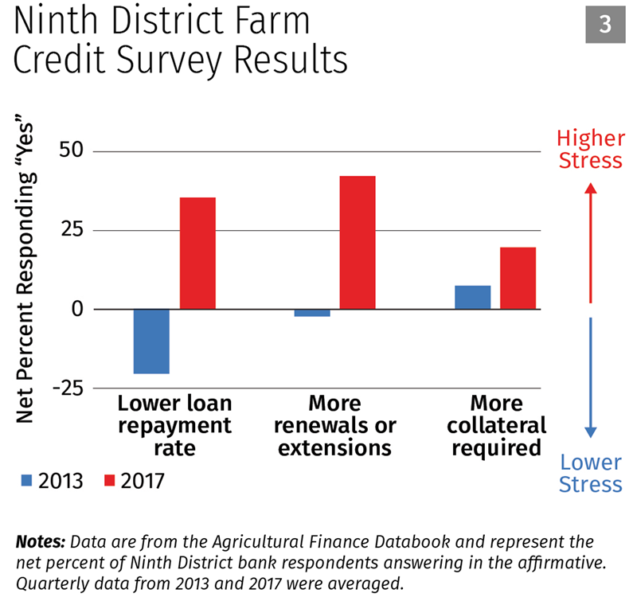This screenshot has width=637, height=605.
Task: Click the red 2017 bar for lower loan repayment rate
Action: [197, 253]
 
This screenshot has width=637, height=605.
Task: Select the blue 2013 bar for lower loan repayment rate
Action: [151, 341]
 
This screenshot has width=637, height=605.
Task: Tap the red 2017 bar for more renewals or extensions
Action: [358, 242]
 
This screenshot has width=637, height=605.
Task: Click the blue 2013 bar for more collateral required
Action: [472, 297]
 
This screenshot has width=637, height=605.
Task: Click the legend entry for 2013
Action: [52, 481]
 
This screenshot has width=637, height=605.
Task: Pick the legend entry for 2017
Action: [135, 481]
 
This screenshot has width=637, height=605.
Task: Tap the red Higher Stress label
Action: [590, 150]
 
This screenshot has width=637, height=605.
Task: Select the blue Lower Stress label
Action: [590, 473]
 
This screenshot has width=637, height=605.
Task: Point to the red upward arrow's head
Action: [590, 189]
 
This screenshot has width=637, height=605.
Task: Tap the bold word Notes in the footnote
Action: [41, 542]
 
